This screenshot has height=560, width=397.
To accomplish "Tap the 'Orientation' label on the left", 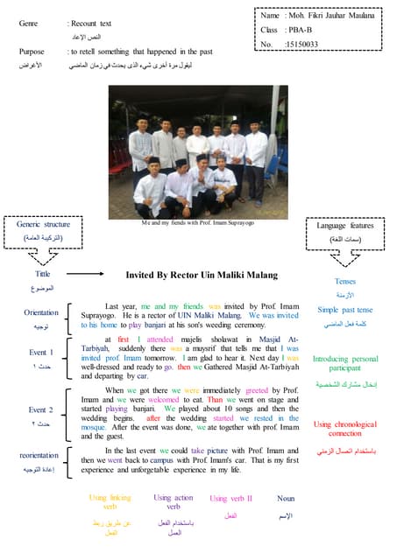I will point(41,312).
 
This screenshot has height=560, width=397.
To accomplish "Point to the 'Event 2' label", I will point(40,409).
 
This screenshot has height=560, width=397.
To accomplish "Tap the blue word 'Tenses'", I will point(344,282).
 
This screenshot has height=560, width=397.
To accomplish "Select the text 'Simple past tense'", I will point(344,310).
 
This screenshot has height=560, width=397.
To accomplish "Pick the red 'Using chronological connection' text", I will point(344,429).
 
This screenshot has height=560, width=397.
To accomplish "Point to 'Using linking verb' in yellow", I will point(110,501).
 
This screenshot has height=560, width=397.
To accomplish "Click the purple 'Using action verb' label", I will point(174,501).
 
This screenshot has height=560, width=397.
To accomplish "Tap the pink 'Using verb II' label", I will point(230,498).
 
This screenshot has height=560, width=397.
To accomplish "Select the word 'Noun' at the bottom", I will point(285,498).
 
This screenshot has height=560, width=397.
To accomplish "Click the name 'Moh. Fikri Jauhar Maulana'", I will point(330,16).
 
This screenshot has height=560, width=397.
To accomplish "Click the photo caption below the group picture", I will point(197,223).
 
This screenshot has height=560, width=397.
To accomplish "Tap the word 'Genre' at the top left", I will point(28,23).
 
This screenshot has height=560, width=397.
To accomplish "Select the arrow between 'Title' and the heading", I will point(87,275).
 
